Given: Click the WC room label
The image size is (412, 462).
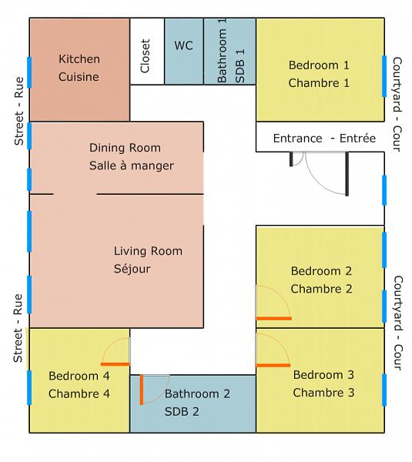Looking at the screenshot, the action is [x=183, y=45].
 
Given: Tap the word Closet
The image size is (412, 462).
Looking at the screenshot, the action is [x=146, y=56].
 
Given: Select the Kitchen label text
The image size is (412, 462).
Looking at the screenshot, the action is [x=79, y=59].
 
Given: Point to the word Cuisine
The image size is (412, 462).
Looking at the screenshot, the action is [x=79, y=77].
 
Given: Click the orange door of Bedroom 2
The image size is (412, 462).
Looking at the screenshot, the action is [x=274, y=319].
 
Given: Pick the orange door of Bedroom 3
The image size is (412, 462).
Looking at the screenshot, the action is [x=273, y=365].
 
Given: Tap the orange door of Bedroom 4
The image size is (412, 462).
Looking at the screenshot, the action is [x=116, y=364].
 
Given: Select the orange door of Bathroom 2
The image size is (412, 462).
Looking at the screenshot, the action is [x=142, y=390].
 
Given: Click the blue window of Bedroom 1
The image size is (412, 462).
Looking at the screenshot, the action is [x=384, y=76].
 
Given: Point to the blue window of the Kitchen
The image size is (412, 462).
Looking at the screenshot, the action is [x=29, y=72].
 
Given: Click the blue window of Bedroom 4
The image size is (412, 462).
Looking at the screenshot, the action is [x=29, y=388].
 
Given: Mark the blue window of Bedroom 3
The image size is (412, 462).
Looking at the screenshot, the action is [x=384, y=390].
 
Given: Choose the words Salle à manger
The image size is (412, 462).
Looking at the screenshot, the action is [x=132, y=166].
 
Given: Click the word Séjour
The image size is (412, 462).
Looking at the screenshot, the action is [x=132, y=269].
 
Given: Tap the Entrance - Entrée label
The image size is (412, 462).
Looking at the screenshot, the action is [x=324, y=138].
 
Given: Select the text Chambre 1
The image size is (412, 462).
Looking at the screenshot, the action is [x=319, y=83].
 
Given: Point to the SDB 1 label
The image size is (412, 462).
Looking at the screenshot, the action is [x=240, y=66].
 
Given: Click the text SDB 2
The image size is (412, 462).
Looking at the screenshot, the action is [x=182, y=412].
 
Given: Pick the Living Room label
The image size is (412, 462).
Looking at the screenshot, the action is [x=148, y=251].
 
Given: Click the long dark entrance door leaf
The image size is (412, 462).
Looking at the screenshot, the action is [x=347, y=174].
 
